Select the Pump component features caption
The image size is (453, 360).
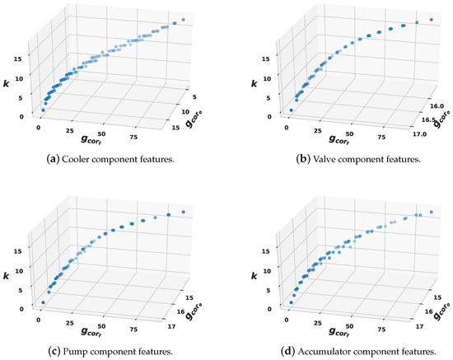pyautogui.click(x=112, y=352)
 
